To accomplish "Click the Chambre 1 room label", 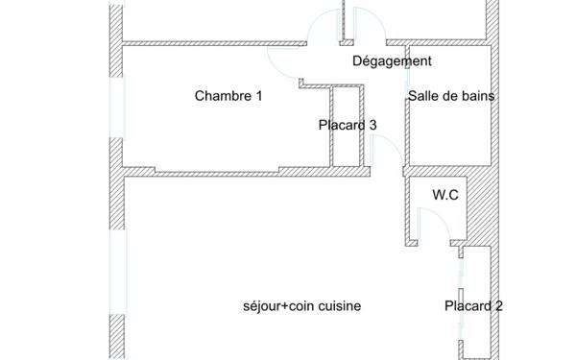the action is [x=228, y=96].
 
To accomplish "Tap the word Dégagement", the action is [x=392, y=61].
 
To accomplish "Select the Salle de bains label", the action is [x=451, y=96].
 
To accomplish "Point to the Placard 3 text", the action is [x=348, y=125].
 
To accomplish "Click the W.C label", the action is [x=444, y=195].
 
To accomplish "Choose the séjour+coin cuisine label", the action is [x=301, y=306].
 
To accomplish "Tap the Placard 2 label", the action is [x=473, y=307].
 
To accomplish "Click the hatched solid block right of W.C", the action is [x=479, y=206].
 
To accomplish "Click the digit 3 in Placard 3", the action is [x=372, y=125].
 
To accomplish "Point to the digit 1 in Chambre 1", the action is [x=258, y=96].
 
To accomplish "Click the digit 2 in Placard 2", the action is [x=499, y=307].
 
